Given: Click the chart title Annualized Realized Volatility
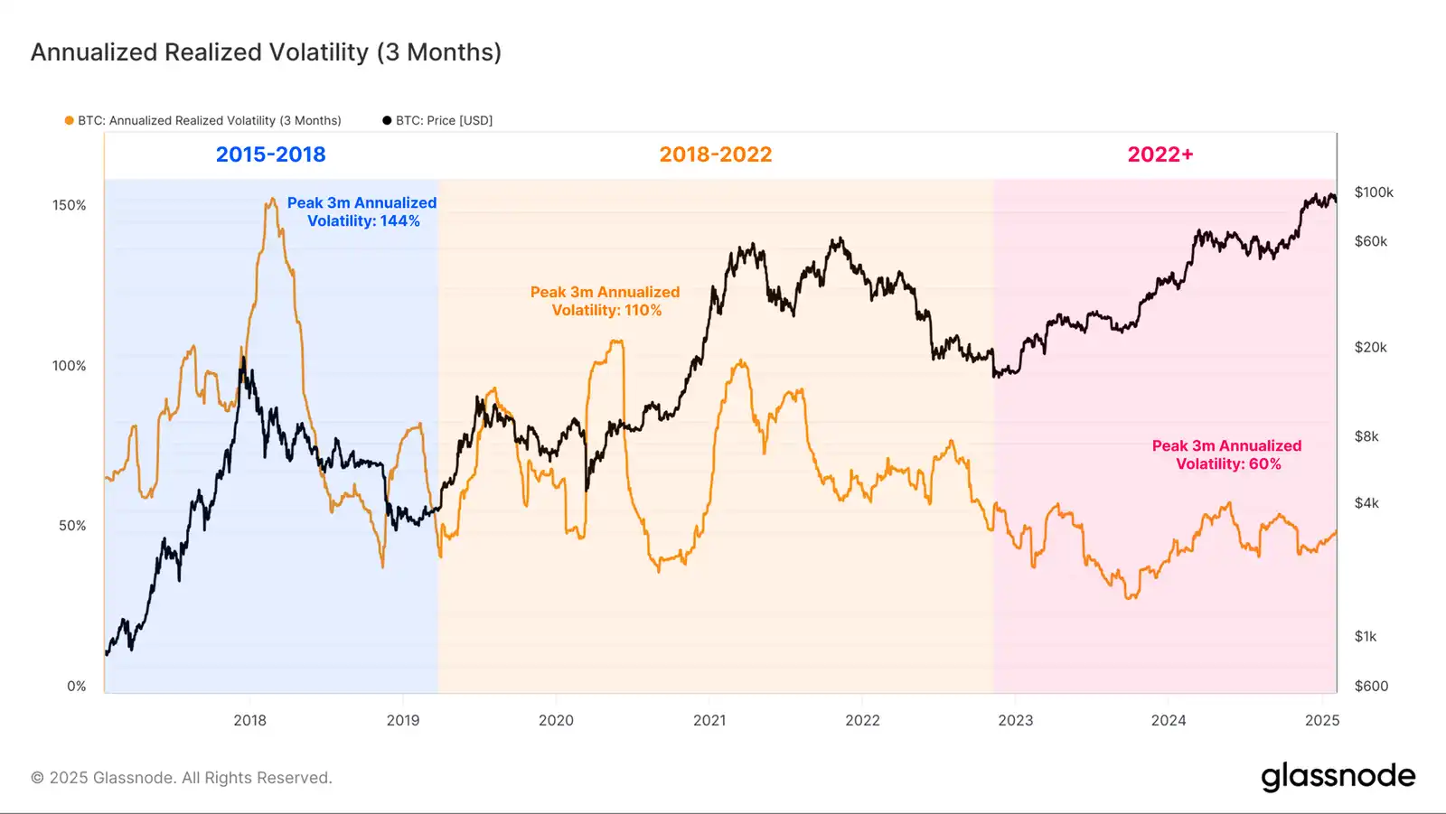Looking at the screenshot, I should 266,52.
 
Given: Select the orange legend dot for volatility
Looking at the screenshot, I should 69,120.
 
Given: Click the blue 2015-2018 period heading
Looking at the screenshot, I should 270,154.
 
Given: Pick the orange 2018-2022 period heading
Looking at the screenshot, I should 715,154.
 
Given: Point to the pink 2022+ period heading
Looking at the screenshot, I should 1160,154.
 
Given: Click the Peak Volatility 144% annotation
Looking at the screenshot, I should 362,212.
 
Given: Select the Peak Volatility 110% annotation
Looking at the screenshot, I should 606,301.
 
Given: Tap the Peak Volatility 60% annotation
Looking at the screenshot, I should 1227,454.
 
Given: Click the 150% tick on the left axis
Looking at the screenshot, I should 70,205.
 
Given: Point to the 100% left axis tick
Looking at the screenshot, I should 70,366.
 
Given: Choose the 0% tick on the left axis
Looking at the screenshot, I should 77,687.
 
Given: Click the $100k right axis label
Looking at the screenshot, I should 1374,192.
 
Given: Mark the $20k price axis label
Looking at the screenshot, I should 1370,348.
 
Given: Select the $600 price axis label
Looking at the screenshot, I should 1371,687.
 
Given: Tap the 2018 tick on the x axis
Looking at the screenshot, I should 250,720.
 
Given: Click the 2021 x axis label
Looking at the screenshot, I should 709,720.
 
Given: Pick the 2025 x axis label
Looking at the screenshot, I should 1322,720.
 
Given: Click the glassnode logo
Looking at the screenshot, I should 1338,776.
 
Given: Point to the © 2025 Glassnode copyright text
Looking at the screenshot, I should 182,778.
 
